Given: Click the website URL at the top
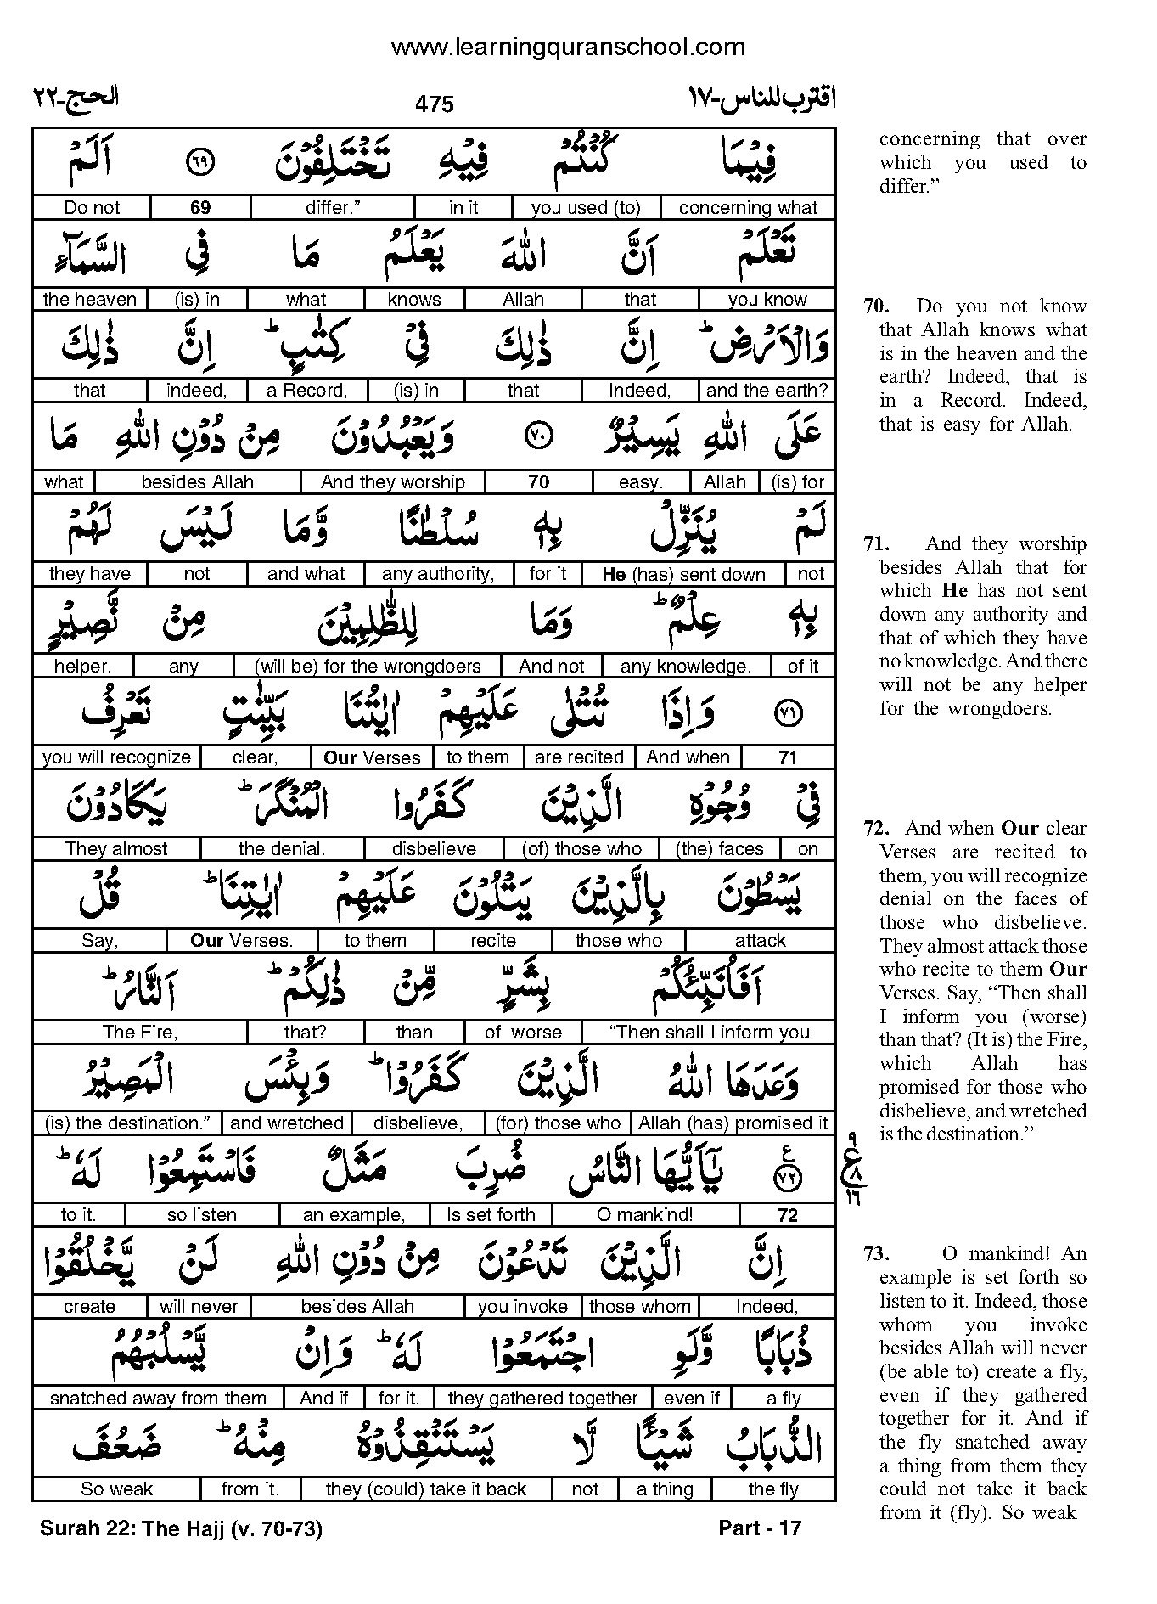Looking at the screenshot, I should point(567,47).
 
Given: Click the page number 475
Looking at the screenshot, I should point(435,104).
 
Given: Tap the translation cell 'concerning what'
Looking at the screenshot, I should point(748,208).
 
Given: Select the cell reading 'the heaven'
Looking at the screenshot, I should point(89,300).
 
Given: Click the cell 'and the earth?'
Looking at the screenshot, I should point(767,391).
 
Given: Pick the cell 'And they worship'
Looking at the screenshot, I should point(393,482).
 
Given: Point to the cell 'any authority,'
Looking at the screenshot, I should point(438,574).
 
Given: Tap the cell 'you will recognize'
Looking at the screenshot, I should point(116,757).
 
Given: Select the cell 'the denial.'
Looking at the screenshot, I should point(282,849).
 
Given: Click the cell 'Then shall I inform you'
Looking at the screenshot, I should point(710,1033).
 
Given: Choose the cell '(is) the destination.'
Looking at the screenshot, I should point(127,1123).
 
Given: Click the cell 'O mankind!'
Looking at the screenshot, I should point(645,1215).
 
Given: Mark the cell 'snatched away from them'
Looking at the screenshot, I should point(158,1399).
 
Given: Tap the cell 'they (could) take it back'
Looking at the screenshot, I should point(426,1489).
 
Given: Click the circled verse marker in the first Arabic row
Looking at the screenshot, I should point(201,161).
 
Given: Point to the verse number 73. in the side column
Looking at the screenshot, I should point(877,1254).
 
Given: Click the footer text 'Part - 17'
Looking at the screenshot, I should point(759,1528).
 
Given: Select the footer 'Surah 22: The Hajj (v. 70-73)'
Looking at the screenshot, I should point(181,1529).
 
